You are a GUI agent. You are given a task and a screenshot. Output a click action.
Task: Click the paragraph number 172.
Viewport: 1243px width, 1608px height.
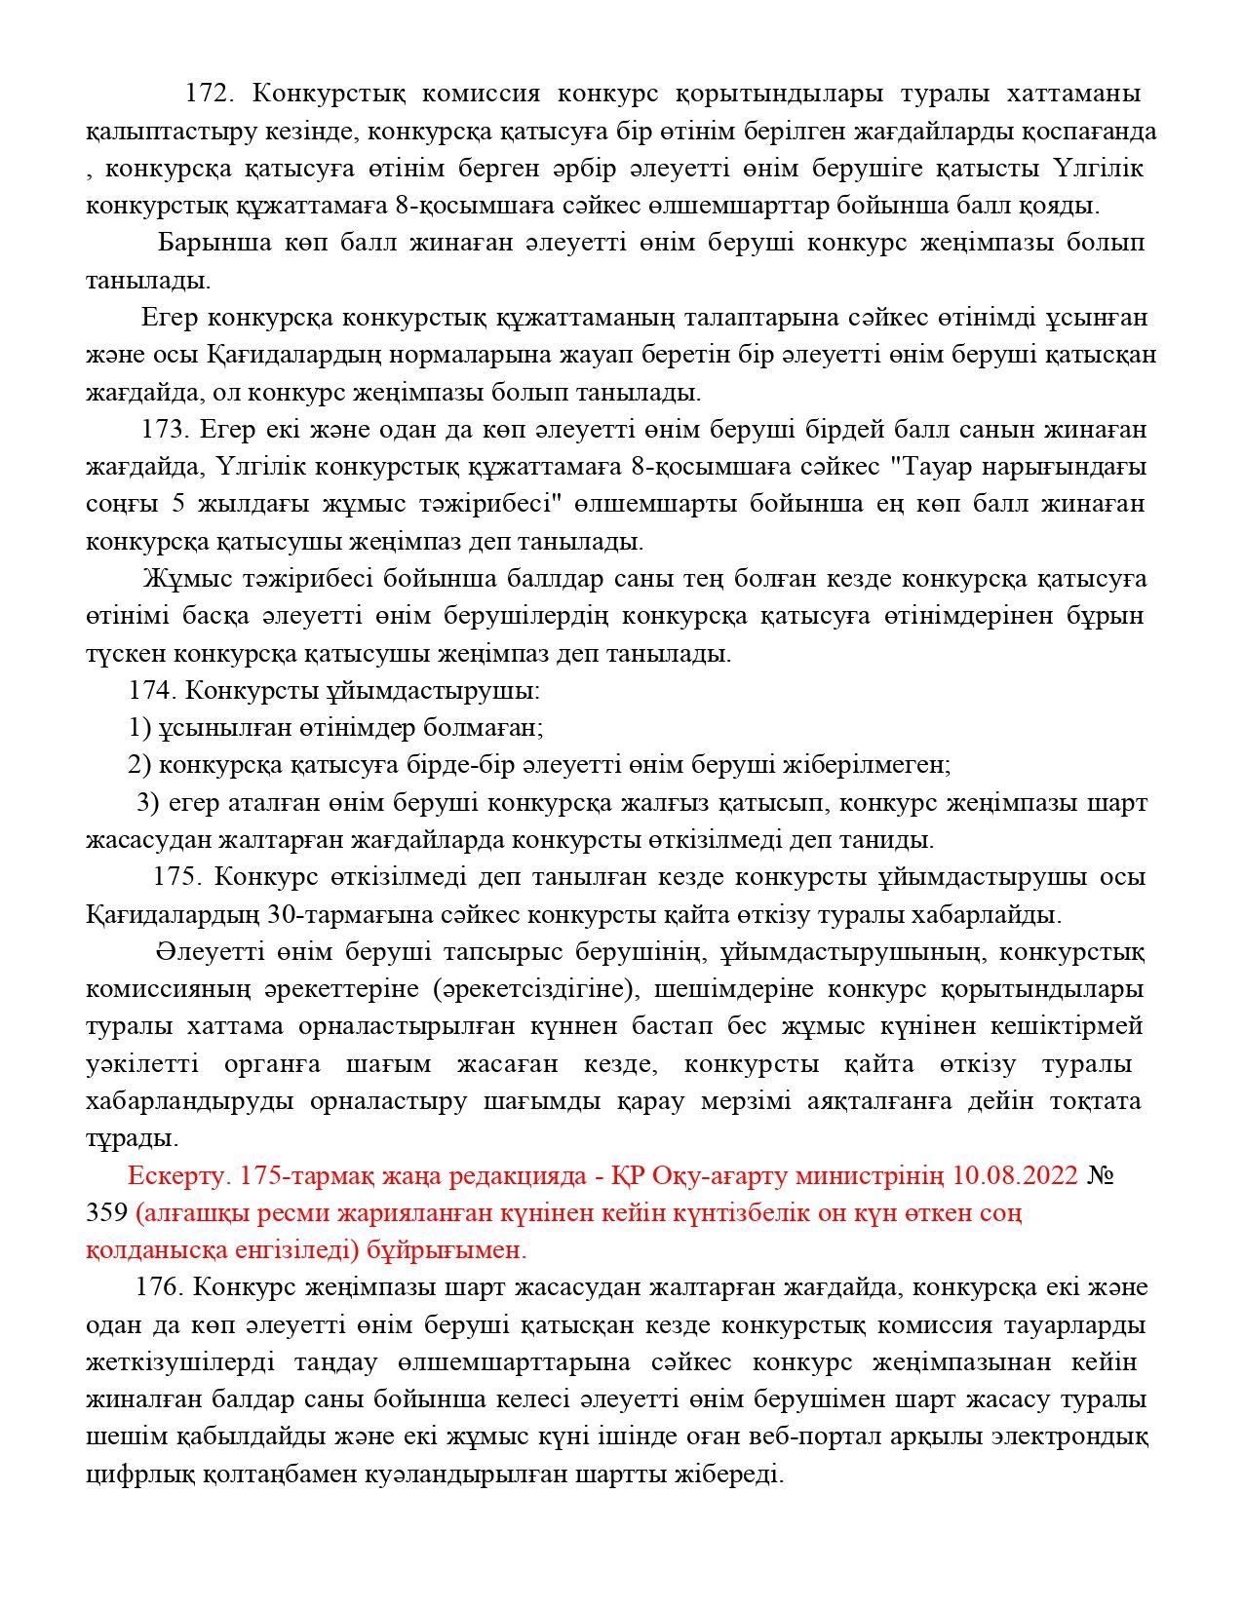pos(208,94)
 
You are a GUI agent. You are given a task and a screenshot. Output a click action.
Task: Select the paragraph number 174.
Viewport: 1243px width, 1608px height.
pos(152,691)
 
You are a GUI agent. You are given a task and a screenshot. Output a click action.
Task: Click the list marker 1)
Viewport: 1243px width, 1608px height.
pos(139,728)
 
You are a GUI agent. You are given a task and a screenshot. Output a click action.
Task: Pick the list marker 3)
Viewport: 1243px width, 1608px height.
pos(147,803)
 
